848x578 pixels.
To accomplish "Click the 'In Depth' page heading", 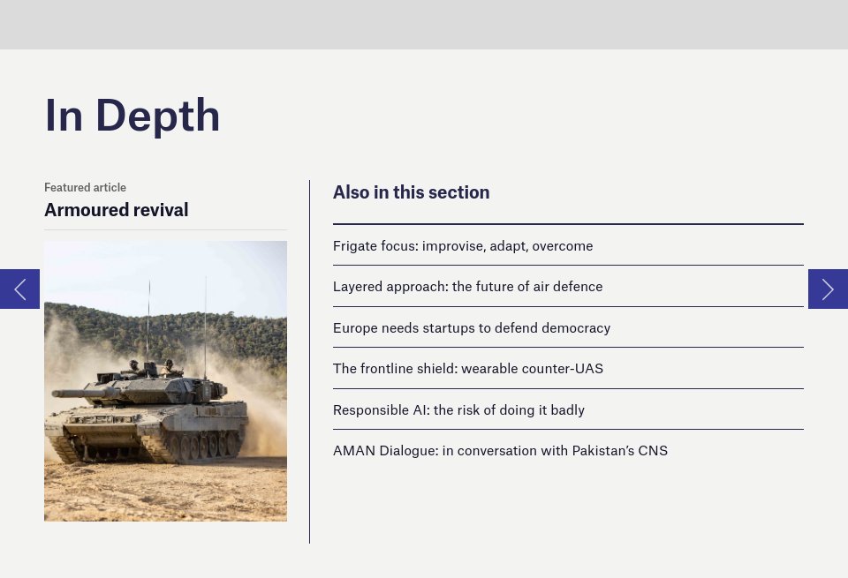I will click(132, 116).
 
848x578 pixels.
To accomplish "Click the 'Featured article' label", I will click(85, 187).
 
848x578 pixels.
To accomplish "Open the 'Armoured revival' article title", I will click(116, 210).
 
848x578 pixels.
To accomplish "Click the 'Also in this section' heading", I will click(411, 192).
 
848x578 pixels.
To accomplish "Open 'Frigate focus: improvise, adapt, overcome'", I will click(462, 246).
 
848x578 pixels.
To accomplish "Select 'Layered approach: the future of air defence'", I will click(467, 287).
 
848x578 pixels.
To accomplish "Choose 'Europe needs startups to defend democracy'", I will click(471, 328).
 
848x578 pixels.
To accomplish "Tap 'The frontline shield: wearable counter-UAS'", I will click(467, 369).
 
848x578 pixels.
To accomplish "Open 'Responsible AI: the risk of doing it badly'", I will click(458, 410).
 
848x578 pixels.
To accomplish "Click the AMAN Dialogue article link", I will click(500, 451).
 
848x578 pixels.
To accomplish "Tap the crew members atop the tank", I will click(150, 364).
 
